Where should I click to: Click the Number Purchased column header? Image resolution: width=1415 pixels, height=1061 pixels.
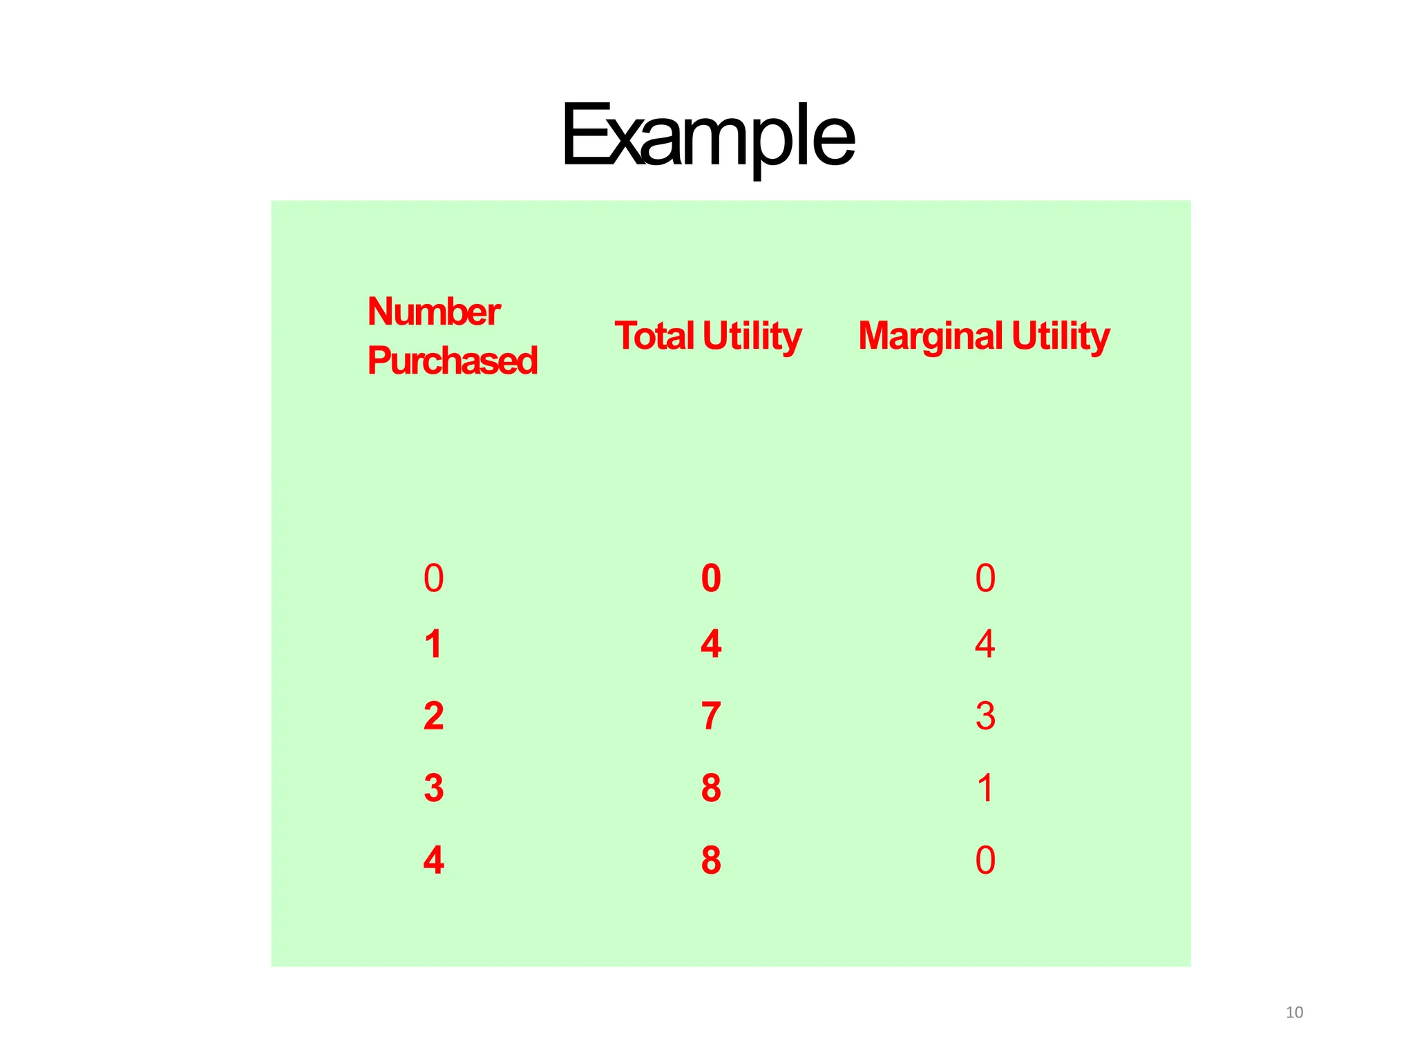coord(452,336)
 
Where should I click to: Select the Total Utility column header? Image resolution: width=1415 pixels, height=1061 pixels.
coord(707,336)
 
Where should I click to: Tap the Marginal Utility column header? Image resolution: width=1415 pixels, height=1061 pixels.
coord(984,336)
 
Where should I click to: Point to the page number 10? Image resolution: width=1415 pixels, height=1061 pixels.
coord(1294,1013)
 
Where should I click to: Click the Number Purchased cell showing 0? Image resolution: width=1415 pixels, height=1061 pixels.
coord(433,578)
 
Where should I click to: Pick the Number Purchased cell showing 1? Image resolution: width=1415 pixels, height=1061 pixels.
coord(433,644)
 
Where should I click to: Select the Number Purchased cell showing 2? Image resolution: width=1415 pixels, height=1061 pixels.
coord(433,716)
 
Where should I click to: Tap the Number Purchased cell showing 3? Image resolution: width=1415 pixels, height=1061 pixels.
coord(433,788)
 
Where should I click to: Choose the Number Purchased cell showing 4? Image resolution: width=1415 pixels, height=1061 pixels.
coord(433,860)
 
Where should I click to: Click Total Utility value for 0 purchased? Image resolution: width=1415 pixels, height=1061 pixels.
coord(711,578)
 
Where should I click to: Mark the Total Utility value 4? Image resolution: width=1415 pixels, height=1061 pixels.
coord(711,644)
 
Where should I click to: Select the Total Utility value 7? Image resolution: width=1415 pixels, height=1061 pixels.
coord(711,716)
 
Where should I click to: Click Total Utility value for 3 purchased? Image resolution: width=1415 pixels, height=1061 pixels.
coord(711,788)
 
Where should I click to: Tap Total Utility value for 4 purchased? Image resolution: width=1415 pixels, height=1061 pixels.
coord(711,860)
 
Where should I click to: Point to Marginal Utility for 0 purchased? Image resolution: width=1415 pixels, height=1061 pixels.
coord(985,578)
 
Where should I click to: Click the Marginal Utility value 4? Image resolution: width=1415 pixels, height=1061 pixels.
coord(985,644)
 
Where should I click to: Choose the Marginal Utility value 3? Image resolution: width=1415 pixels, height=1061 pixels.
coord(985,716)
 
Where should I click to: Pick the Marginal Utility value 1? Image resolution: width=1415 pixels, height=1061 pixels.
coord(985,788)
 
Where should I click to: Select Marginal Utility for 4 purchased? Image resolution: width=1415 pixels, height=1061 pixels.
coord(985,860)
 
